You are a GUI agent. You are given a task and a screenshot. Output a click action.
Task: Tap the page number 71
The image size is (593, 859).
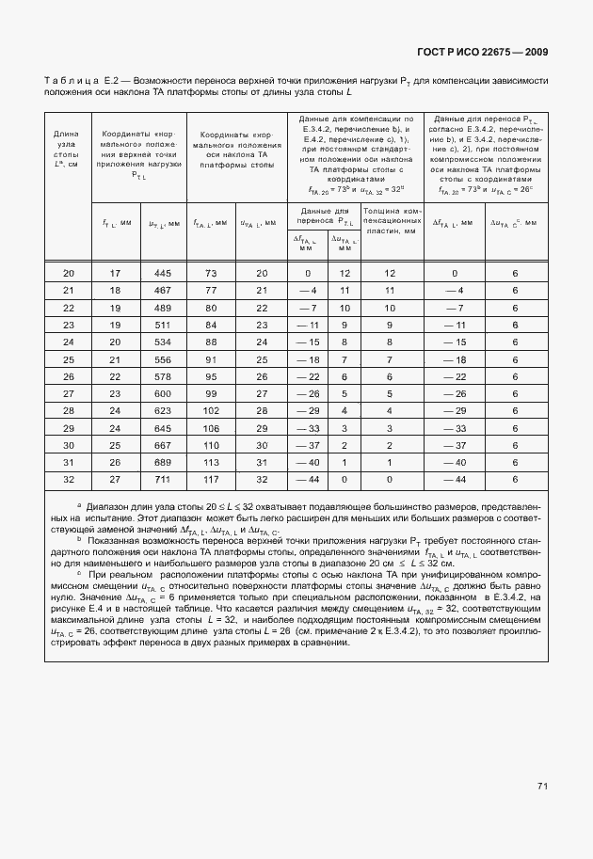pos(543,786)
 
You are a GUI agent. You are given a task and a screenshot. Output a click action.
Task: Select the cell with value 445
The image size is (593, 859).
pos(162,273)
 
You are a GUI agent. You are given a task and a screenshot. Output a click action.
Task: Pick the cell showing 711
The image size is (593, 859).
pos(162,479)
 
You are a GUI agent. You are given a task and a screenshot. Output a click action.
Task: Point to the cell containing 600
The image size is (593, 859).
pos(162,393)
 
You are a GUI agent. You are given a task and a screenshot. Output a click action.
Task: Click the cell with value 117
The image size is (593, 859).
pos(210,479)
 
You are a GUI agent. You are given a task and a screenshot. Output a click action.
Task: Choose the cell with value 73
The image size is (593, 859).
pos(210,273)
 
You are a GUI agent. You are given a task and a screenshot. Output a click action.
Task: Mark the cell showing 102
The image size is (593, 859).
pos(210,410)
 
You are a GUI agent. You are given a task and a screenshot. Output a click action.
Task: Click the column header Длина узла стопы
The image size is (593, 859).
pos(67,150)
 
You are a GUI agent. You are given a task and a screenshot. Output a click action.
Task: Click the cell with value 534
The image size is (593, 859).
pos(162,342)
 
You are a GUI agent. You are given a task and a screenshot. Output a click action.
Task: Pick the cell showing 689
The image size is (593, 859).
pos(162,462)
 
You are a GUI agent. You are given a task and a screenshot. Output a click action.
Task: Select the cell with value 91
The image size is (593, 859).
pos(210,358)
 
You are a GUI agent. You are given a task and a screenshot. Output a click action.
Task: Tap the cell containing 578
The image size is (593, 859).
pos(162,375)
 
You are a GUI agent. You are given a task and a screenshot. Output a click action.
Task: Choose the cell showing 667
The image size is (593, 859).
pos(162,444)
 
